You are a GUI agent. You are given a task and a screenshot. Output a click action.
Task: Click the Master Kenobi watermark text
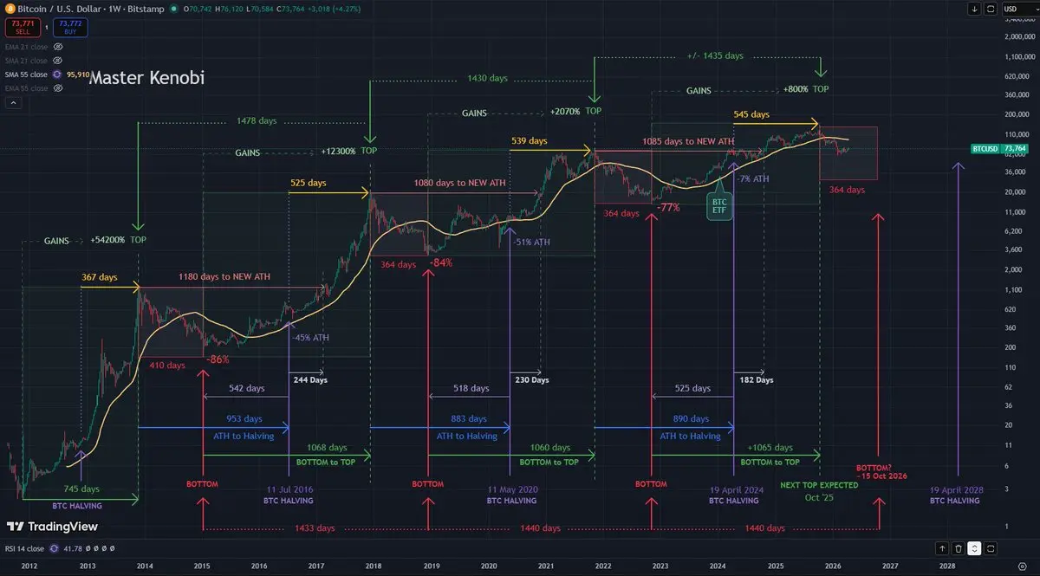tap(146, 78)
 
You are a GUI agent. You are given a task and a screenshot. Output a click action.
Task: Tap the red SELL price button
tap(23, 27)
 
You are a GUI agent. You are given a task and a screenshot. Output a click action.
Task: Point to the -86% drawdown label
tap(219, 359)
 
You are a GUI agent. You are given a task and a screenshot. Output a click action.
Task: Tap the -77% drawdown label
tap(667, 208)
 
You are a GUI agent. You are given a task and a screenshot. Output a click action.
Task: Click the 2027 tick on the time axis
tap(889, 565)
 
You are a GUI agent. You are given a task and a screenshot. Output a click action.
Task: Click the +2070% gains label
tap(563, 113)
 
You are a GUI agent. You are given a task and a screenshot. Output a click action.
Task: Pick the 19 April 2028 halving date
tap(957, 489)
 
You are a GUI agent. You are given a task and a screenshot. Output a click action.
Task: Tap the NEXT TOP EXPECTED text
tap(818, 485)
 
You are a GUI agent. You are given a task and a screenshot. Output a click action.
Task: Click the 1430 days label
tap(487, 78)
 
